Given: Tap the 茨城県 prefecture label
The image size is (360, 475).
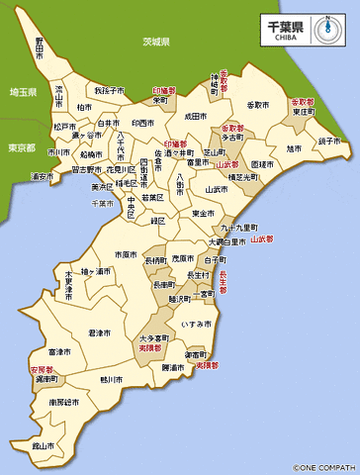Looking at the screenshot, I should pyautogui.click(x=156, y=43).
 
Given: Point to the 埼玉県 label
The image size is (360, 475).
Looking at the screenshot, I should pyautogui.click(x=22, y=92).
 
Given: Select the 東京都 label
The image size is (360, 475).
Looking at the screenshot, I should pyautogui.click(x=20, y=147).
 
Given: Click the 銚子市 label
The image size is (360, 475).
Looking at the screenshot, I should pyautogui.click(x=329, y=142).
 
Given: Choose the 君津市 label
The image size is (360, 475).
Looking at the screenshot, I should pyautogui.click(x=98, y=332).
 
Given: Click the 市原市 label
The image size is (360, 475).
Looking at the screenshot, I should pyautogui.click(x=126, y=254).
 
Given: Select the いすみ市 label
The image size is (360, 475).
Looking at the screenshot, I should pyautogui.click(x=196, y=324).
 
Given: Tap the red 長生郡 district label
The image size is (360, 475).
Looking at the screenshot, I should pyautogui.click(x=223, y=283).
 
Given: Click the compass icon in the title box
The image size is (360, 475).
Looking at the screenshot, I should pyautogui.click(x=325, y=28).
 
